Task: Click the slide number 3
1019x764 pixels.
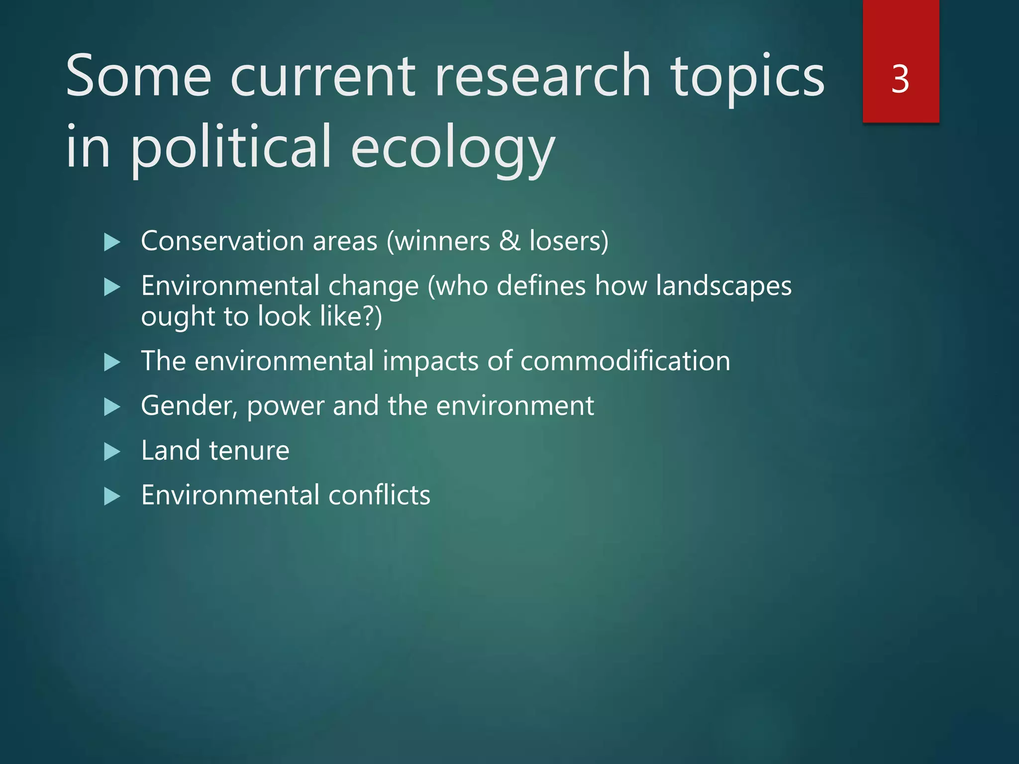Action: tap(900, 80)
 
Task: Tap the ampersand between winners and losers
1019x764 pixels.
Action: tap(509, 241)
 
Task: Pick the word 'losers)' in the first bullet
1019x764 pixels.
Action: tap(569, 241)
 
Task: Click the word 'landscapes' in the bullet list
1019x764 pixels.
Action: tap(723, 287)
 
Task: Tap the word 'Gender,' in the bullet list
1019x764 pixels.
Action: tap(189, 406)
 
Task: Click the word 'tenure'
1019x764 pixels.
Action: tap(249, 451)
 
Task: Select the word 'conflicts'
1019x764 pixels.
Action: tap(379, 495)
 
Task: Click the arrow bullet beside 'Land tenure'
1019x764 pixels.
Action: tap(112, 452)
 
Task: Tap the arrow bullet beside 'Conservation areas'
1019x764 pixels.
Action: tap(112, 243)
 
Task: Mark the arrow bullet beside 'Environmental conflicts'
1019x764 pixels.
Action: tap(112, 496)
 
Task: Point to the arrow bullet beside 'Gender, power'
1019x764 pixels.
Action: tap(112, 407)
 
